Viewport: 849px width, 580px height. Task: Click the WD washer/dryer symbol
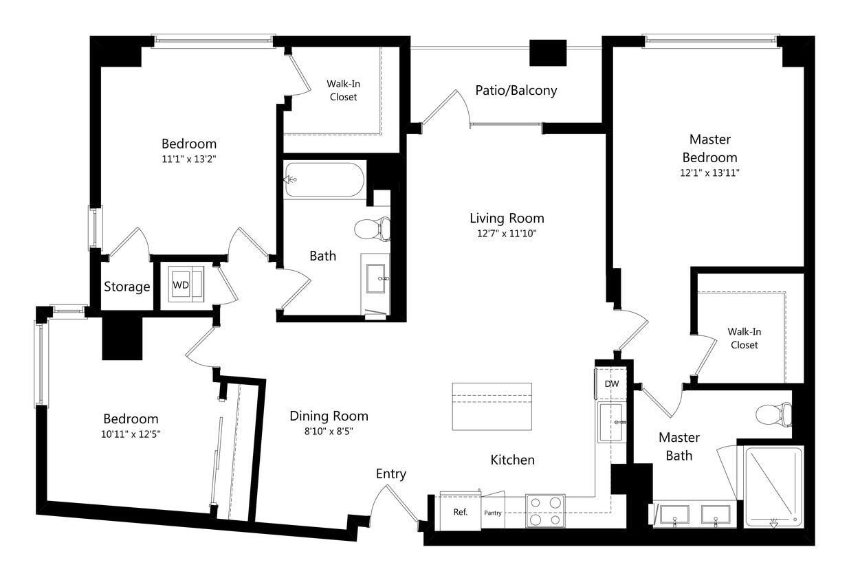coord(181,285)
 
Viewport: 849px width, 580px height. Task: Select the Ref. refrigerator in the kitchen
coord(460,512)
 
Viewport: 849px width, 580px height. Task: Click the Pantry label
coord(493,513)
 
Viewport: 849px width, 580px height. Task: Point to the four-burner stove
coord(545,511)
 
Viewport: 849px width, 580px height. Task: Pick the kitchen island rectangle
coord(492,406)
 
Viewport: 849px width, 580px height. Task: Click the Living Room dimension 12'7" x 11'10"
coord(507,234)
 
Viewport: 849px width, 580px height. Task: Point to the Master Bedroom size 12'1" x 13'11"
coord(710,172)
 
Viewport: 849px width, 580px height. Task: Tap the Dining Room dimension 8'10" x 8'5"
coord(329,432)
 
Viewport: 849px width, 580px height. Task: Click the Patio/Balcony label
coord(516,91)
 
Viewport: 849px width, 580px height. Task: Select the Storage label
coord(127,287)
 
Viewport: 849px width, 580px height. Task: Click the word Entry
coord(390,474)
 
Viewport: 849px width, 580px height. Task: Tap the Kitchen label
coord(512,460)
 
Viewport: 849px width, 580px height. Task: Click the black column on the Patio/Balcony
coord(547,53)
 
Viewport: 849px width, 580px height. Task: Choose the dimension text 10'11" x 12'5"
coord(131,434)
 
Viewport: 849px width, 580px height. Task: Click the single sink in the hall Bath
coord(376,278)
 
